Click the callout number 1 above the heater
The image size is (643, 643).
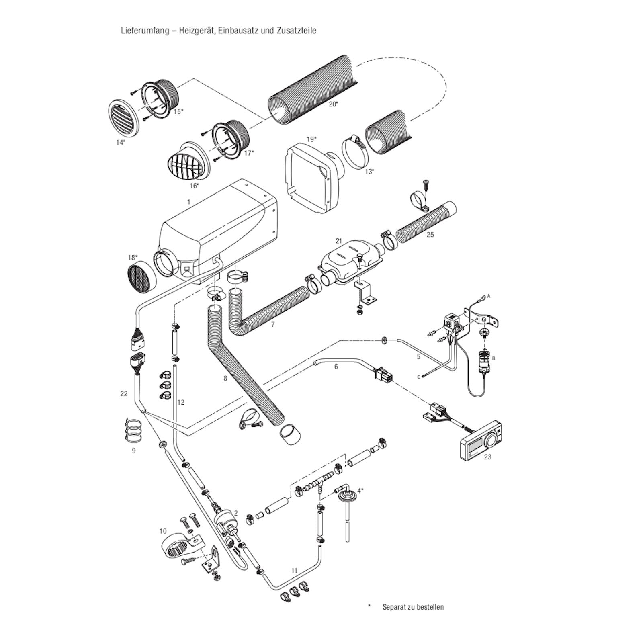[x=189, y=202]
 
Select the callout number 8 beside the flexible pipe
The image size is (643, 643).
[x=225, y=378]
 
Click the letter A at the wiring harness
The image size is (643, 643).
[x=489, y=296]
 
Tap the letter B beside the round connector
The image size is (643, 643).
[x=494, y=357]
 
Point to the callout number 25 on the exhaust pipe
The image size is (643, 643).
[x=430, y=235]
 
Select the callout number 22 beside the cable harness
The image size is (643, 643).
[x=124, y=393]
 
